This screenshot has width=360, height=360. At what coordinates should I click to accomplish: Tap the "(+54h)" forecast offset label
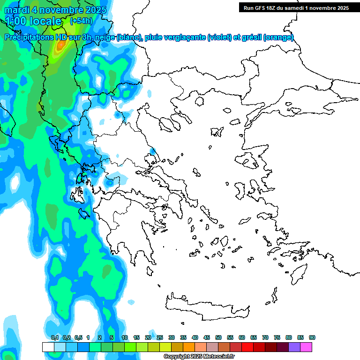pos(81,21)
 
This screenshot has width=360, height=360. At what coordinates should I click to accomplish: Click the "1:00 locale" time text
pos(33,21)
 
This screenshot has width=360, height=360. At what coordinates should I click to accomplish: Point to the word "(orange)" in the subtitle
pos(278,37)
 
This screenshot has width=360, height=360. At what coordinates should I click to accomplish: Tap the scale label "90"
pos(312,337)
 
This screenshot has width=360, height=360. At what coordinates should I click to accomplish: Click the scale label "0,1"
pos(55,337)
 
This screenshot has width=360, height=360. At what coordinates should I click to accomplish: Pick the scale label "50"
pos(218,337)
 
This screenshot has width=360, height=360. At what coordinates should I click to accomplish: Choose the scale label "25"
pos(160,337)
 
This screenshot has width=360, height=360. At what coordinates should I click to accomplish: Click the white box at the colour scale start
pos(48,347)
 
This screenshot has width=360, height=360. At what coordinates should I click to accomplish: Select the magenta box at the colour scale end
pos(306,347)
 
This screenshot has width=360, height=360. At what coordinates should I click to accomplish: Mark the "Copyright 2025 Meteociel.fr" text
pos(199,357)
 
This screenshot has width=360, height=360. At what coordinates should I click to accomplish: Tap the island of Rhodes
pos(298,274)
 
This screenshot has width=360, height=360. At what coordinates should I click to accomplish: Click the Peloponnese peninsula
pos(131,234)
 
